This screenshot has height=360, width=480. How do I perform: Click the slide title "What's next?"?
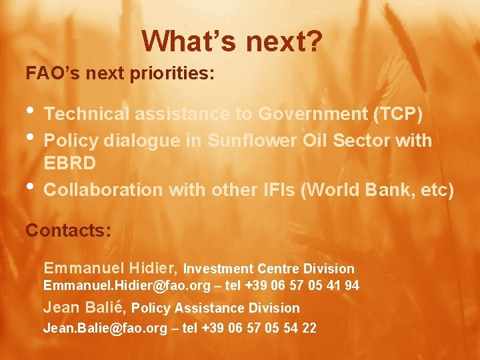pos(233,41)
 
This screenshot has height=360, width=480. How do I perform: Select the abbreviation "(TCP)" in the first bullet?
pos(397,115)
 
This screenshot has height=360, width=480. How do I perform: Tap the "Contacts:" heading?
pos(68,231)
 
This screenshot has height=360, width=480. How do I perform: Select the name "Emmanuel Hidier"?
pos(110,269)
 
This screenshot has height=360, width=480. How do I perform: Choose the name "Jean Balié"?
pos(85,308)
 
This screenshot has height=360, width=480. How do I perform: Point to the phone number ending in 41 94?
pos(302,286)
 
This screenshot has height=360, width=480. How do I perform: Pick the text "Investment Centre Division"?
pos(269,269)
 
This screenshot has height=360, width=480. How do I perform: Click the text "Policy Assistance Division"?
pos(216,309)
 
